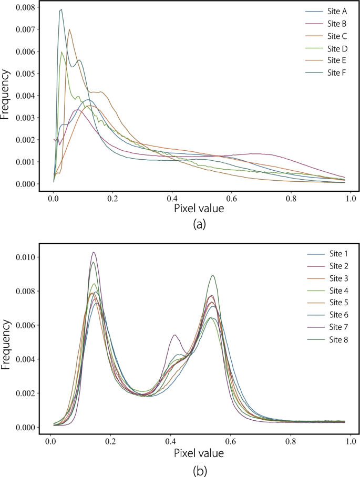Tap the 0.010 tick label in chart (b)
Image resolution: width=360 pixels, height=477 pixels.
pos(25,257)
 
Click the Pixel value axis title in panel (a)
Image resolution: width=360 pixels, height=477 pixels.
pos(199,209)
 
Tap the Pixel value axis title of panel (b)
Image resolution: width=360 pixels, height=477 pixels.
pos(199,452)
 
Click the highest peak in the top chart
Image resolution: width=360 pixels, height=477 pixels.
pos(61,9)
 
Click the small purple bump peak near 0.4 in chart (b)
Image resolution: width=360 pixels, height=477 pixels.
pos(174,335)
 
